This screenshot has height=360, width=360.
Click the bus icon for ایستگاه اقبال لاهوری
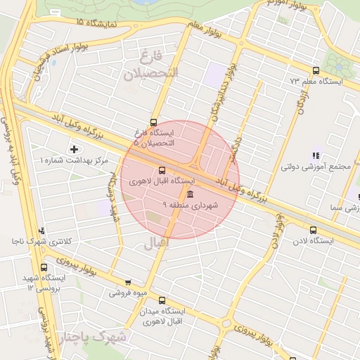pyautogui.click(x=162, y=170)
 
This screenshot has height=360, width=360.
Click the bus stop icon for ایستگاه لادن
pyautogui.click(x=313, y=230)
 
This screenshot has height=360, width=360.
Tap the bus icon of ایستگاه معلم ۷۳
pyautogui.click(x=316, y=71)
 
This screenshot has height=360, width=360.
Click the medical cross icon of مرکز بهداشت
pyautogui.click(x=74, y=149)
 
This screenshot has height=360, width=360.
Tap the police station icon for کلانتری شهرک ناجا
pyautogui.click(x=42, y=231)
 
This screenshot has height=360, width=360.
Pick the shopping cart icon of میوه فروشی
pyautogui.click(x=127, y=283)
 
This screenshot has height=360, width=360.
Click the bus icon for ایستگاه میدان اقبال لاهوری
pyautogui.click(x=162, y=300)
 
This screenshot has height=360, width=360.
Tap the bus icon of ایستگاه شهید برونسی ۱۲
pyautogui.click(x=44, y=268)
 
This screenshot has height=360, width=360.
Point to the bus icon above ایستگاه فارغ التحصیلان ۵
pyautogui.click(x=154, y=122)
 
